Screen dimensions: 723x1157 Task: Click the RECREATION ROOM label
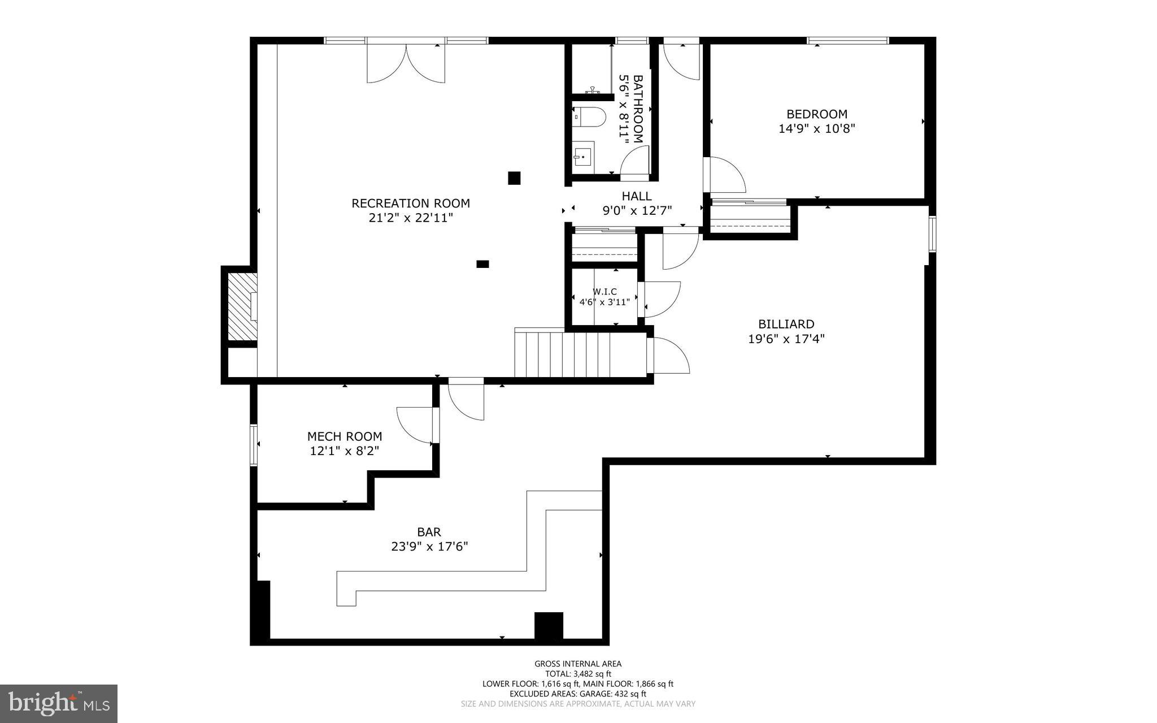click(x=411, y=203)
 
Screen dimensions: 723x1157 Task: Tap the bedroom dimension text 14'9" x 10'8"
click(x=817, y=129)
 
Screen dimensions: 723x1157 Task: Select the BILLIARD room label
click(x=786, y=324)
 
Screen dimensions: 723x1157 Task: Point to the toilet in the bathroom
click(x=591, y=117)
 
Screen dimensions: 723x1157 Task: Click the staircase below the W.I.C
click(x=579, y=354)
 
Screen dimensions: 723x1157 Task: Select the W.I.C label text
click(x=604, y=291)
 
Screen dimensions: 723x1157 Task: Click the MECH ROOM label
click(x=345, y=436)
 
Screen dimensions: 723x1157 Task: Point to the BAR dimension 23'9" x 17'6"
click(x=429, y=547)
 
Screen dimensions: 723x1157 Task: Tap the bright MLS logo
click(x=59, y=703)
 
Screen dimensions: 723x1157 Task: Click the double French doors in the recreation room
click(x=406, y=63)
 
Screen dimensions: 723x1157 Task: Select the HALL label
click(x=637, y=196)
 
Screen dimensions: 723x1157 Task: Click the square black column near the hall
click(x=514, y=178)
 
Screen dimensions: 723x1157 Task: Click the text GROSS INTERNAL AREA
click(x=578, y=664)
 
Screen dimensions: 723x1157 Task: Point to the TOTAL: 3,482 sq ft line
click(x=578, y=674)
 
